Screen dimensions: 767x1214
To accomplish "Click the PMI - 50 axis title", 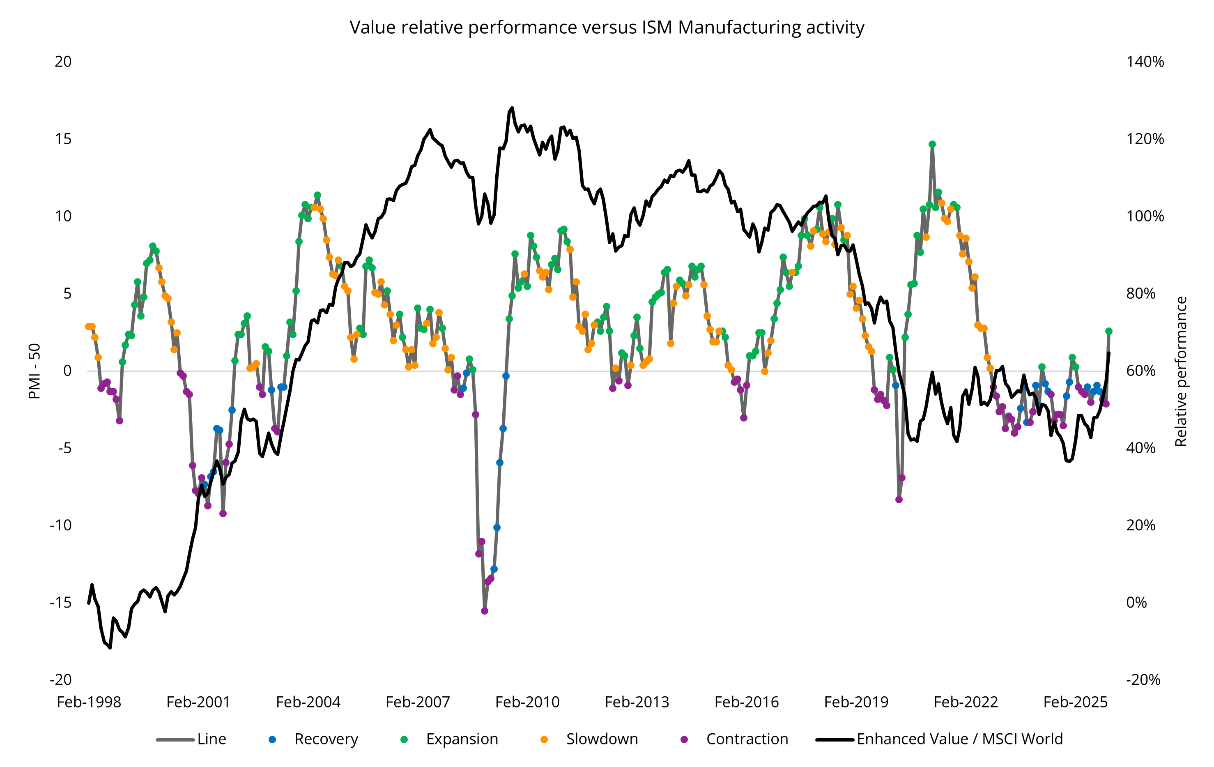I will [34, 371].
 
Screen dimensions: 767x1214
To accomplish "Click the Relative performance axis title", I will [1181, 371].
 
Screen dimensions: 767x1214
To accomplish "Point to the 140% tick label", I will [1145, 62].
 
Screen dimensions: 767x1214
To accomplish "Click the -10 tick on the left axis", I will [60, 525].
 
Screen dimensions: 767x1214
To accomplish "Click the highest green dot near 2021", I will [932, 144].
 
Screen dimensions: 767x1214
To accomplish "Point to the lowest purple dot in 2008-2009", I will [485, 610].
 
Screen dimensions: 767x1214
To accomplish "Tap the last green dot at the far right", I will [1108, 331].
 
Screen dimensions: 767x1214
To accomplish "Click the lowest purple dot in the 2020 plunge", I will [899, 499].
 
